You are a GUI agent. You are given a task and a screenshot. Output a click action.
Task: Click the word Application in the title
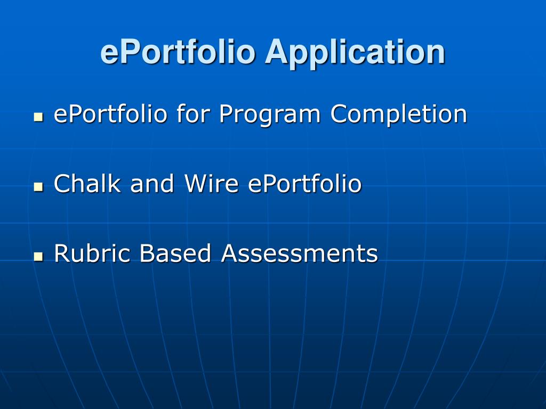coord(356,52)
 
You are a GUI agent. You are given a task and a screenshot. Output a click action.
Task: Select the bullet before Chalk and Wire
coord(38,186)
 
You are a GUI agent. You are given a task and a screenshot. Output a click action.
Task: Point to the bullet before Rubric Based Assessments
coord(38,256)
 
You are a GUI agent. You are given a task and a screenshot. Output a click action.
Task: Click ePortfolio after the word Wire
coord(305,184)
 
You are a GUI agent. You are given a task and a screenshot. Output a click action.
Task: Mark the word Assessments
coord(300,253)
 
